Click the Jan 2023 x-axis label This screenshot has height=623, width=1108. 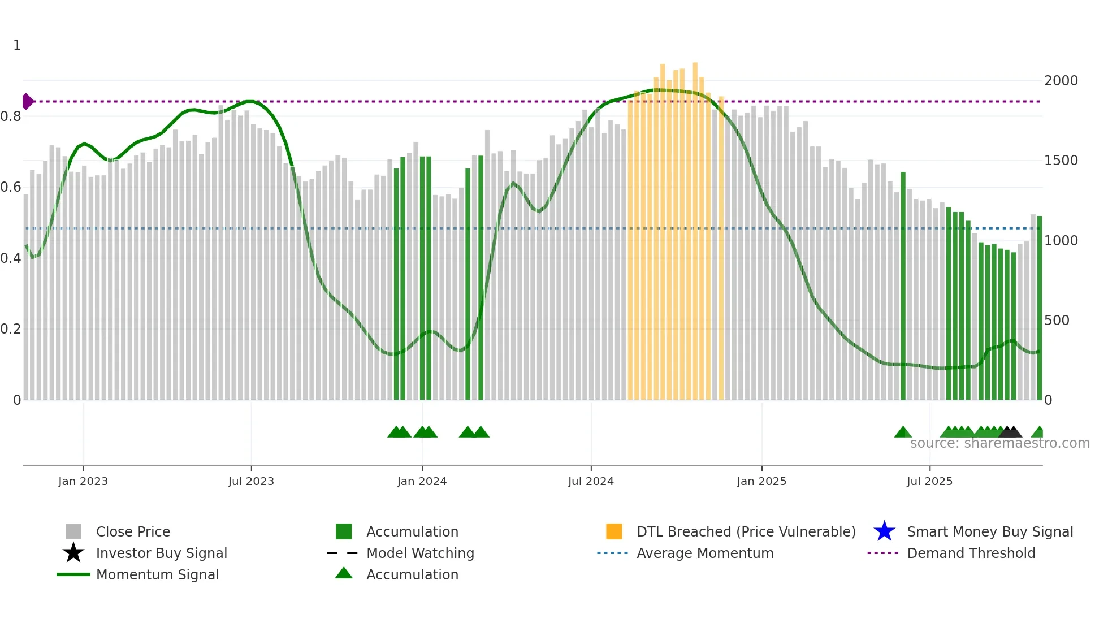click(83, 481)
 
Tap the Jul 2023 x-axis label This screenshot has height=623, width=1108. click(251, 481)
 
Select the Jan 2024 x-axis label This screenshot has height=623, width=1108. click(422, 481)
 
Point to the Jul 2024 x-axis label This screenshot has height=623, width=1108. click(591, 481)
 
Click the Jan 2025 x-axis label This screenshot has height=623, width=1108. click(761, 481)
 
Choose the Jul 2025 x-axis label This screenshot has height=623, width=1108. click(929, 481)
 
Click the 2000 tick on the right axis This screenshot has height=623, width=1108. click(1061, 81)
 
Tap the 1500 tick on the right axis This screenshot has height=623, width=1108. click(1061, 161)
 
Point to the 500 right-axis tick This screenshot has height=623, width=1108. click(1057, 321)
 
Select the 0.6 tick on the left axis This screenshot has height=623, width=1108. click(11, 187)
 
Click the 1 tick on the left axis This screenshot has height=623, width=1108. click(17, 45)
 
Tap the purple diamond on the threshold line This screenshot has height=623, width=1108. click(27, 102)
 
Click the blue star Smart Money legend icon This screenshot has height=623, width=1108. click(884, 531)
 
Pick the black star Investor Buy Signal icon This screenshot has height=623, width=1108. click(73, 553)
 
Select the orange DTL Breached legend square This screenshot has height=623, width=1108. click(614, 531)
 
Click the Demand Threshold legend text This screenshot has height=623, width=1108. click(971, 553)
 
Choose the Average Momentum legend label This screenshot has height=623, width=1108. click(705, 553)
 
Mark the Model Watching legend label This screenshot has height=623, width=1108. click(420, 553)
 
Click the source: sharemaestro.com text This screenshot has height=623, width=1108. click(999, 443)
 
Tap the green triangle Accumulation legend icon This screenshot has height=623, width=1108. click(344, 574)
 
